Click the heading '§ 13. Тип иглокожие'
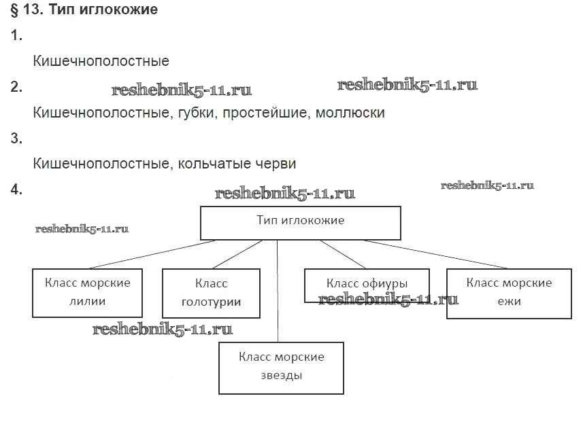click(85, 10)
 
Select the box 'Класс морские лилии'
click(88, 293)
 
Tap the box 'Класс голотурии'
click(211, 293)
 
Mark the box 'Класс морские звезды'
click(281, 367)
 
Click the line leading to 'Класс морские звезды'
click(278, 292)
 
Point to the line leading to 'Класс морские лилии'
click(150, 255)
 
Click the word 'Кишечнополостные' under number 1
click(101, 61)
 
